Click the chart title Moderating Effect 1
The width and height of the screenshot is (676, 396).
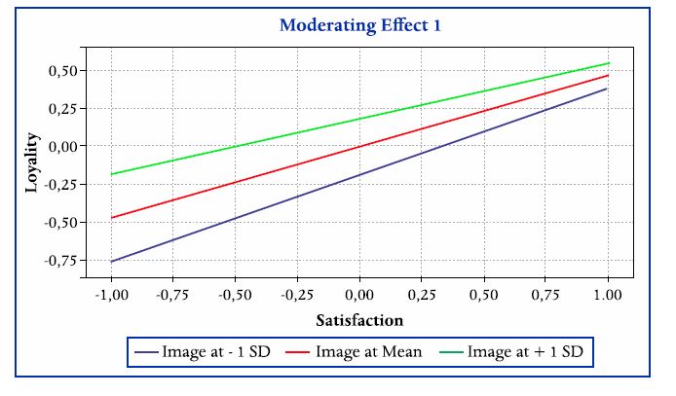[x=360, y=25]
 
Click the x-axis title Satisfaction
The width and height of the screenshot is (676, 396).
[x=359, y=318]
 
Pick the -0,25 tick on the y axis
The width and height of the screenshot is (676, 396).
[x=59, y=184]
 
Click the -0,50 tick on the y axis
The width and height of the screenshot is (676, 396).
[x=59, y=222]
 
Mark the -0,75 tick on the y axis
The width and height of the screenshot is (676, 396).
[x=59, y=260]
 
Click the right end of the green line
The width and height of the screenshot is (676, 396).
[x=609, y=63]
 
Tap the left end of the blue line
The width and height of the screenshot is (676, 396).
[x=110, y=262]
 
